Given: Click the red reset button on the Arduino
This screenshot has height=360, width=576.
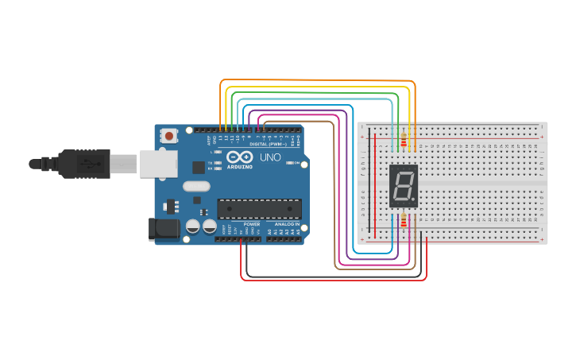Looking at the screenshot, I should click(x=169, y=136).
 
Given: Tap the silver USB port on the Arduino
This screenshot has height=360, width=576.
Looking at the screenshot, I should click(x=158, y=164).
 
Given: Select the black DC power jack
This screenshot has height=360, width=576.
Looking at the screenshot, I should click(x=164, y=230).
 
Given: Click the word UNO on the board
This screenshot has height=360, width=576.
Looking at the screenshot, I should click(x=271, y=158).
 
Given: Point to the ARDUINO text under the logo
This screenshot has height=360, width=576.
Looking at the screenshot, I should click(x=239, y=167).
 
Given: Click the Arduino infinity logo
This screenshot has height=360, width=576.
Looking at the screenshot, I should click(x=239, y=157).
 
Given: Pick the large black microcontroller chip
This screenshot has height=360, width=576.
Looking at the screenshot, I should click(x=259, y=209).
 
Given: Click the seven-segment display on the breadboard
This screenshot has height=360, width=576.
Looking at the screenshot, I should click(x=403, y=186).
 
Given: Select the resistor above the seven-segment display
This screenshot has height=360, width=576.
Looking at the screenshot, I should click(x=403, y=141).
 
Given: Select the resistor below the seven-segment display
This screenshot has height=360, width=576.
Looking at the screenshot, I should click(x=403, y=221).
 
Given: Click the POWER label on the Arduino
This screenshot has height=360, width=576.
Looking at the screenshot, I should click(x=252, y=225).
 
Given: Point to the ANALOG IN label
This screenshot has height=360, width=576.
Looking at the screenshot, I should click(x=287, y=225).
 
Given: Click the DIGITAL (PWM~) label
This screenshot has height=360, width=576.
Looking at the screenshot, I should click(x=268, y=144).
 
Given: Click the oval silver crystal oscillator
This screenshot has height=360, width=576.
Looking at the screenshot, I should click(x=196, y=187).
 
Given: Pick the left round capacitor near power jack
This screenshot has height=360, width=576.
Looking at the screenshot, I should click(x=193, y=226).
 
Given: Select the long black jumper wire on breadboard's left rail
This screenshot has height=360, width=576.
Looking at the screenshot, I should click(x=368, y=183).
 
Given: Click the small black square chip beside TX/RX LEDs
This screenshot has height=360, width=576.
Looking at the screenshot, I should click(x=198, y=167).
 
